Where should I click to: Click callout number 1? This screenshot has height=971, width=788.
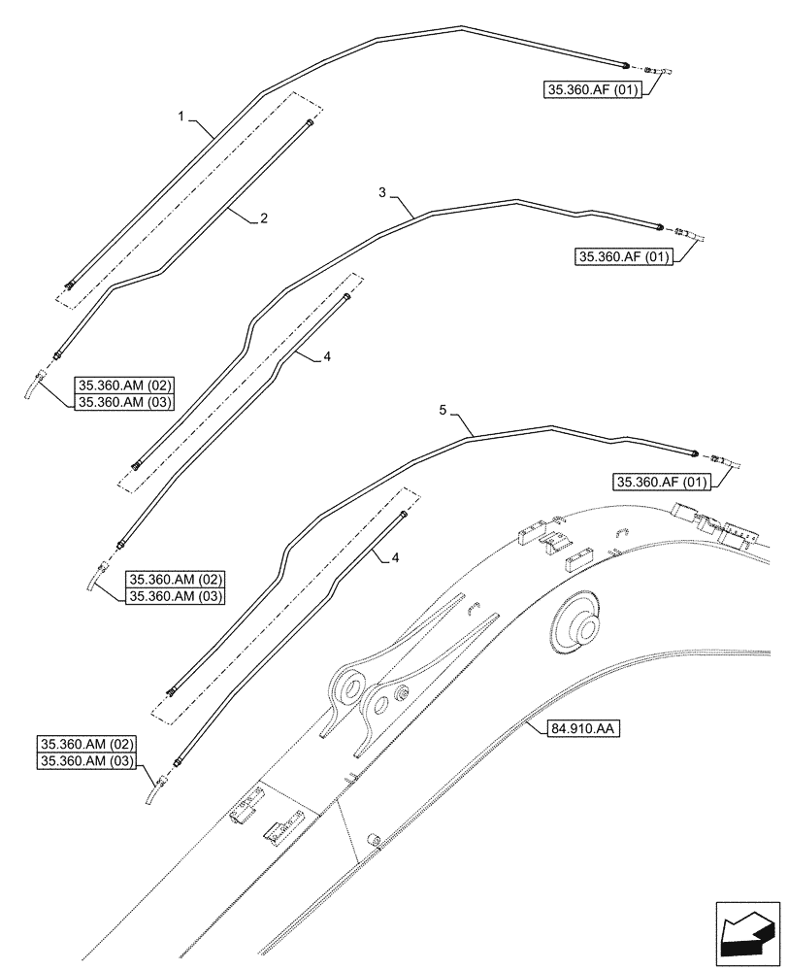coord(181,116)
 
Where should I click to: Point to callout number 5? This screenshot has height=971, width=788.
coord(443,412)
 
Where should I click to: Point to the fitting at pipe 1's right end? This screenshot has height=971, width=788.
coord(626,64)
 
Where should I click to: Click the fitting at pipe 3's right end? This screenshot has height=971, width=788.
coord(661,228)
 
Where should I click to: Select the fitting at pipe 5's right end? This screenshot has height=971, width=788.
coord(695,452)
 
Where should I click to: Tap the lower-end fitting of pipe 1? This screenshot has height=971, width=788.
coord(70,285)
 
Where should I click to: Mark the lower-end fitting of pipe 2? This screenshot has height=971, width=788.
coord(56,355)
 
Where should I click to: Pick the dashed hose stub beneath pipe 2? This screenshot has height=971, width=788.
coord(36,386)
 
